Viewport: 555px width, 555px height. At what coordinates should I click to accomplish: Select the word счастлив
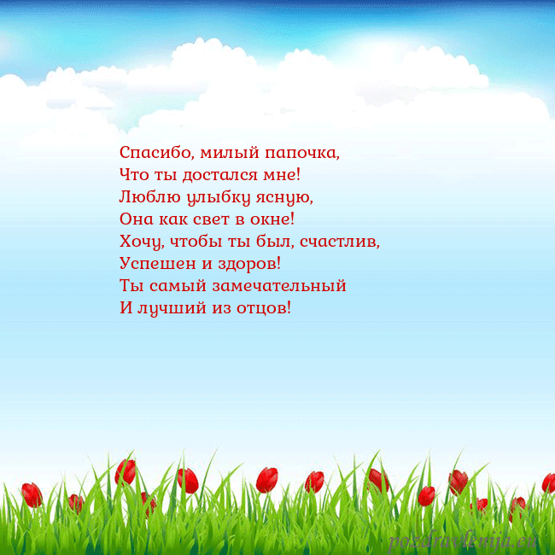pos(338,242)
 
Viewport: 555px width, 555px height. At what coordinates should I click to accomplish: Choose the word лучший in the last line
pos(170,307)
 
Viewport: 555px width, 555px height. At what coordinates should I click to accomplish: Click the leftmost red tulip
pos(32,494)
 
